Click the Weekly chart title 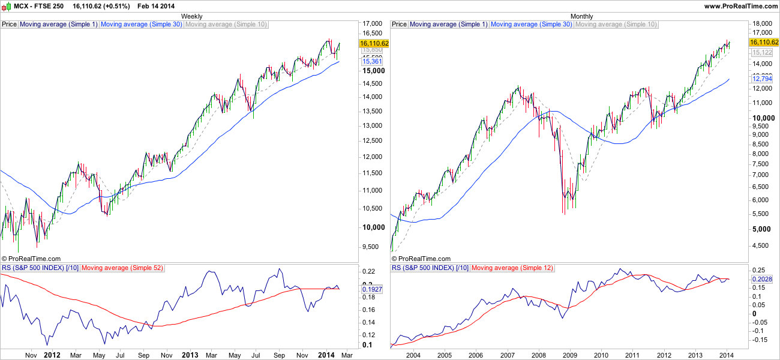(x=191, y=16)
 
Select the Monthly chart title (x=581, y=16)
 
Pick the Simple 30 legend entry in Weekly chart (x=141, y=25)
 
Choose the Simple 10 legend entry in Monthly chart (x=616, y=25)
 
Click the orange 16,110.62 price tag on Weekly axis (x=374, y=43)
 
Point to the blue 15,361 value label (x=373, y=62)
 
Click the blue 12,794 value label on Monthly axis (x=762, y=79)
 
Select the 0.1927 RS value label (x=373, y=289)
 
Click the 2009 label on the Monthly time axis (x=569, y=355)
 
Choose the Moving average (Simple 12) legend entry (x=512, y=268)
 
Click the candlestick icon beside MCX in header (x=6, y=6)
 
